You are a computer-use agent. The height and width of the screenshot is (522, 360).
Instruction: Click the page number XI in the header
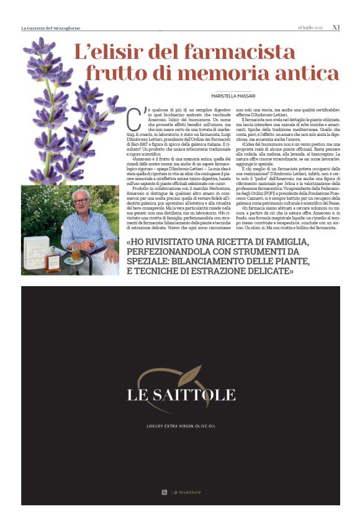pyautogui.click(x=336, y=27)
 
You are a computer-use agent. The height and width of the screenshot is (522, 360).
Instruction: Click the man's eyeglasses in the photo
pyautogui.click(x=81, y=201)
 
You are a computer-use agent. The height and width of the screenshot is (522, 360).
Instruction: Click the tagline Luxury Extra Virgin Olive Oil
pyautogui.click(x=181, y=426)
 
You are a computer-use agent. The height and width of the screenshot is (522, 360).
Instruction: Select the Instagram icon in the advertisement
pyautogui.click(x=164, y=492)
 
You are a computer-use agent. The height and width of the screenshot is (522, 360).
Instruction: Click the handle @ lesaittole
pyautogui.click(x=187, y=492)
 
